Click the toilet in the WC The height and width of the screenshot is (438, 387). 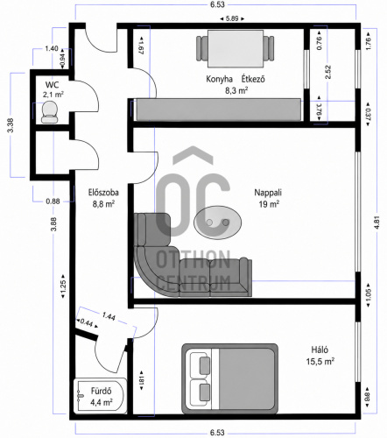point(49,112)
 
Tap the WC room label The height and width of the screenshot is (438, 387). point(52,85)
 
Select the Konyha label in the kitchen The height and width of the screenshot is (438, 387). point(219,79)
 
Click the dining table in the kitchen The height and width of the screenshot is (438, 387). point(236,48)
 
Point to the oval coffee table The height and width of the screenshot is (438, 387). point(218,223)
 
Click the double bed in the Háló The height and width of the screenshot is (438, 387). point(229,378)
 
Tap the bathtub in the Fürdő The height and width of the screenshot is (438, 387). point(100,396)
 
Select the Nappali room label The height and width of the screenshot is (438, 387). point(268,193)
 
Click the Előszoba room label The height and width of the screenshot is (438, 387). point(103,193)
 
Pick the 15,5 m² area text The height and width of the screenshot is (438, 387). point(320,362)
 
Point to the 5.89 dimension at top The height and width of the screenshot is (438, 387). point(232,18)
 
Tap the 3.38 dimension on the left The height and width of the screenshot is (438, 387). point(11,125)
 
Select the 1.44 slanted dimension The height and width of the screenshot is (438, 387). point(109,316)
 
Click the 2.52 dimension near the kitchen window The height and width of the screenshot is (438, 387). point(327,72)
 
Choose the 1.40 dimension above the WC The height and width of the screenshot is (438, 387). point(52,48)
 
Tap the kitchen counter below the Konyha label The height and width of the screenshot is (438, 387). point(219,109)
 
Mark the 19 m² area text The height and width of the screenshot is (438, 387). point(269,204)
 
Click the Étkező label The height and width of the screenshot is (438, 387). point(253,79)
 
